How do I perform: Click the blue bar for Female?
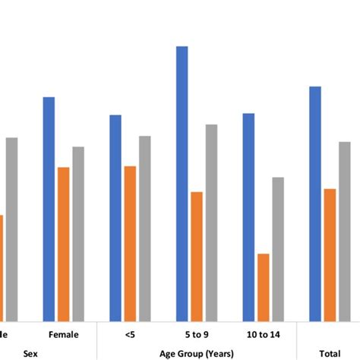[x=49, y=209]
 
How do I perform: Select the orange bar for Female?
[x=64, y=244]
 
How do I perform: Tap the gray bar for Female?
[x=78, y=234]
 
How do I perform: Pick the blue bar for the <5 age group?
[x=115, y=218]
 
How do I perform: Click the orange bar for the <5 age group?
[x=130, y=243]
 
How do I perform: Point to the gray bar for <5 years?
[x=144, y=229]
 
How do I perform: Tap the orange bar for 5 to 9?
[x=197, y=256]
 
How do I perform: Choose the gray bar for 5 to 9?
[x=211, y=223]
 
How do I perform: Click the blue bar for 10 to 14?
[x=248, y=217]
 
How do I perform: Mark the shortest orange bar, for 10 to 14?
[x=264, y=287]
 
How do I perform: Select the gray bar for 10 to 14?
[x=278, y=249]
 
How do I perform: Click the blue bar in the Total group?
[x=315, y=204]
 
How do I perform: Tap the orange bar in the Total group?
[x=330, y=254]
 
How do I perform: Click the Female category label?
[x=64, y=334]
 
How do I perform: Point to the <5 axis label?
[x=130, y=334]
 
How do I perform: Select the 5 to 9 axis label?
[x=197, y=334]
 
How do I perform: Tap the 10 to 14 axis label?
[x=264, y=334]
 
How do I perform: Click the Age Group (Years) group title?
[x=197, y=352]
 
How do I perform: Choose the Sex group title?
[x=30, y=352]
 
